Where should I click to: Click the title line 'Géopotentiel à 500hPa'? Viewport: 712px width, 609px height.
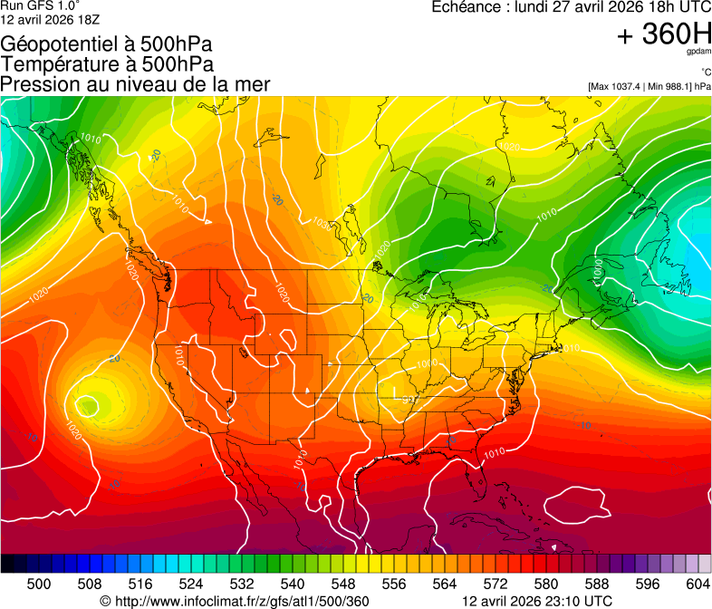tap(107, 44)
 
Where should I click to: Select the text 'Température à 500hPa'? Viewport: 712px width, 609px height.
tap(107, 64)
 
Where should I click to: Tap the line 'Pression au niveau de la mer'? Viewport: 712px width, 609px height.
tap(135, 84)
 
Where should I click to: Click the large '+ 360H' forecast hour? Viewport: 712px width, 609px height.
tap(664, 34)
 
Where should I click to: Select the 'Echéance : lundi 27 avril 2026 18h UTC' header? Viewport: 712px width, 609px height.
tap(571, 7)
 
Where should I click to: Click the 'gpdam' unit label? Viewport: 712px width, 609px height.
tap(698, 53)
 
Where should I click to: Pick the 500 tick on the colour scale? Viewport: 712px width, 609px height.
tap(39, 583)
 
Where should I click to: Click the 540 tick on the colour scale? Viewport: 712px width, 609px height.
tap(293, 583)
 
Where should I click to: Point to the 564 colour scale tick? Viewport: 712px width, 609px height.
tap(445, 583)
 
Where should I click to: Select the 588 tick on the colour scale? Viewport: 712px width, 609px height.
tap(596, 583)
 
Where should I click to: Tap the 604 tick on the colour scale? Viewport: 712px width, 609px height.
tap(698, 583)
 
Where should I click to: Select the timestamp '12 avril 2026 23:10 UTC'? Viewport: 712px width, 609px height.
tap(537, 601)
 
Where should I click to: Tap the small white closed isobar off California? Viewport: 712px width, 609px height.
tap(87, 404)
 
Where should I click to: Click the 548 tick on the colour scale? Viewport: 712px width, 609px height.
tap(343, 583)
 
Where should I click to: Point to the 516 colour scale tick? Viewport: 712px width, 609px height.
tap(140, 583)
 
